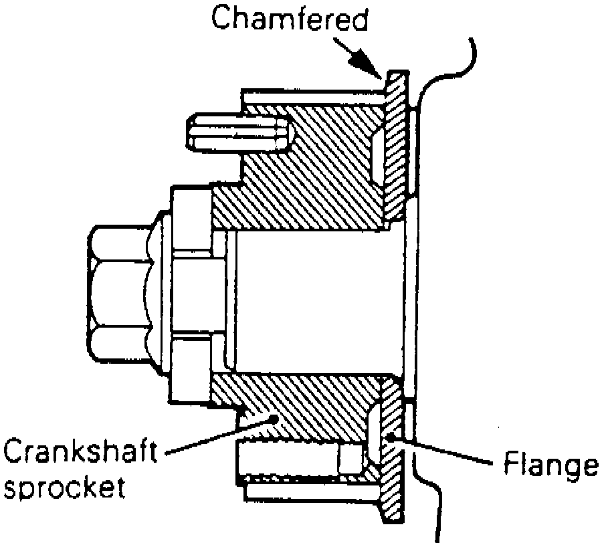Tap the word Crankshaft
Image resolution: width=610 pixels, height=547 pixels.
pyautogui.click(x=81, y=453)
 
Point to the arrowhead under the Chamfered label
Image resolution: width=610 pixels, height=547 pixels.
pyautogui.click(x=371, y=68)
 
